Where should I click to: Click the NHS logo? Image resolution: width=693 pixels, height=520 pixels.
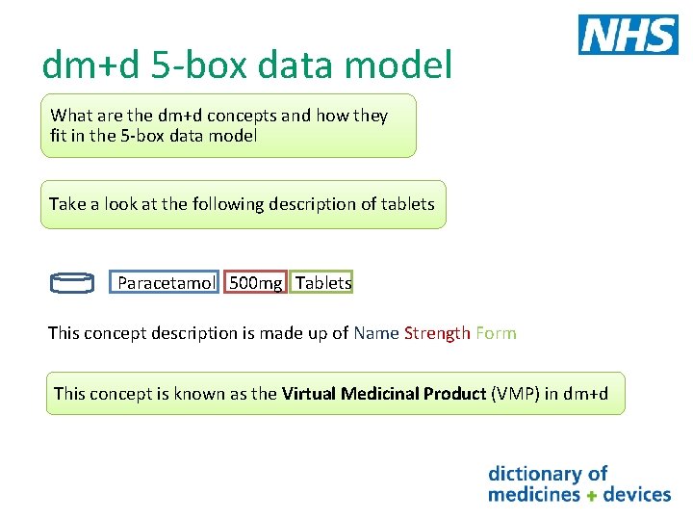[628, 35]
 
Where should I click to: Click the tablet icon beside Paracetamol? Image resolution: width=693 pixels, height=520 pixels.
[72, 282]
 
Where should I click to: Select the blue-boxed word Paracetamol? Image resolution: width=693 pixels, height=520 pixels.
[166, 283]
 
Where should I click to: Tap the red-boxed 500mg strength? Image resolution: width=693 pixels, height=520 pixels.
[255, 283]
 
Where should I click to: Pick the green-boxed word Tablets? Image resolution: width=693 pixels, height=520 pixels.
[323, 283]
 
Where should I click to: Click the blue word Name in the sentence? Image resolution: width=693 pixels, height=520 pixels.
[375, 333]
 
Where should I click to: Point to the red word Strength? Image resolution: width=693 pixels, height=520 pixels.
[437, 333]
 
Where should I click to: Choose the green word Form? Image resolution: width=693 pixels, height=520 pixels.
[496, 333]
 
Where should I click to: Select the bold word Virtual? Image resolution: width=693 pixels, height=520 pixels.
[311, 393]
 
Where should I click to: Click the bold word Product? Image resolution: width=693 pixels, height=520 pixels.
[452, 393]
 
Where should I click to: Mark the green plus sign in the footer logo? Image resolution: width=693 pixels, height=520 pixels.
[592, 495]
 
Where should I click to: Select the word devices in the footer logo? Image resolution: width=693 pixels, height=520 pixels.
[635, 494]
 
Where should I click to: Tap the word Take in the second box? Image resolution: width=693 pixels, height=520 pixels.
[67, 204]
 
